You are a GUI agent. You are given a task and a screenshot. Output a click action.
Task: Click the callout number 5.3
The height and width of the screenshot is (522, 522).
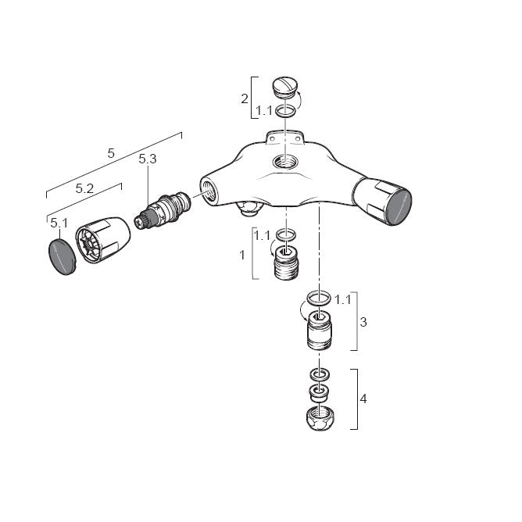coord(148,159)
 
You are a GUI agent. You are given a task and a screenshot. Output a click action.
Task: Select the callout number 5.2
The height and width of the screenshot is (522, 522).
coord(84,189)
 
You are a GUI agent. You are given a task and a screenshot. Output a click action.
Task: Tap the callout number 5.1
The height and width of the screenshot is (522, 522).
coord(59,223)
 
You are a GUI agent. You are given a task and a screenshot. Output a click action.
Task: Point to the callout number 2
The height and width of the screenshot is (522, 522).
coord(245,98)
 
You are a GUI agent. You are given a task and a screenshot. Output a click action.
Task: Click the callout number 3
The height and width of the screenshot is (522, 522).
coord(363,322)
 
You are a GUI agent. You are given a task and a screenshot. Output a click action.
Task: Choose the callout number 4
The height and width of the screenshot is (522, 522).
coord(363,399)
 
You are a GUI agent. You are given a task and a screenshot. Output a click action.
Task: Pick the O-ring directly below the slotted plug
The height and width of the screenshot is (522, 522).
coord(286,110)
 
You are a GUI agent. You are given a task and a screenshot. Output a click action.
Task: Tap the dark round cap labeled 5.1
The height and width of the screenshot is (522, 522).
coord(63,256)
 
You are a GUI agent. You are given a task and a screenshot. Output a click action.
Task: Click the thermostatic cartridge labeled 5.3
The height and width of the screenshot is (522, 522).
coord(163,210)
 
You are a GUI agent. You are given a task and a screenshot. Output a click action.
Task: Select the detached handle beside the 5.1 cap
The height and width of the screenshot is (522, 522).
coord(103,240)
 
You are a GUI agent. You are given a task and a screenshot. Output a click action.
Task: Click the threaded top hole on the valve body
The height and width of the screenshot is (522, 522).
coord(285,163)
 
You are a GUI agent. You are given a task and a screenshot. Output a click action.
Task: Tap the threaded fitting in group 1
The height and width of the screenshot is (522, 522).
coord(286,263)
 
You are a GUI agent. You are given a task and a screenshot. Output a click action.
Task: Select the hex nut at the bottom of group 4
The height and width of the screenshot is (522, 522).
coord(320,419)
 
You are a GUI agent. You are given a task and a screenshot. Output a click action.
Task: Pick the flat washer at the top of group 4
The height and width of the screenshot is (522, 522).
coord(320,374)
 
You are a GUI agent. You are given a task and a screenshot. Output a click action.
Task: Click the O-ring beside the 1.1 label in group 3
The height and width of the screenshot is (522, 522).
coord(319,298)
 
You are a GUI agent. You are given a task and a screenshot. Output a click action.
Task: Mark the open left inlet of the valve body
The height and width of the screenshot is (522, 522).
coord(209,191)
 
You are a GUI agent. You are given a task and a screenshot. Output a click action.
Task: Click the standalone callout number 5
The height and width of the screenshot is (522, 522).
coord(111,153)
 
